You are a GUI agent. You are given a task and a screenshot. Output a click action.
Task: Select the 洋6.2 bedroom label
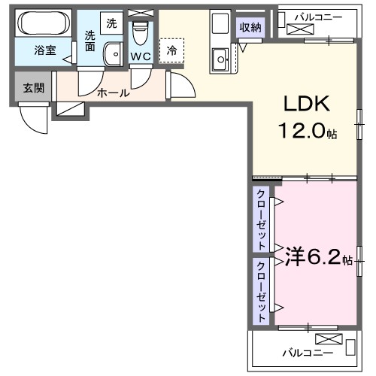pyautogui.click(x=313, y=259)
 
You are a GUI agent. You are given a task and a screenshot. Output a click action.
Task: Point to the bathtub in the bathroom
pyautogui.click(x=42, y=23)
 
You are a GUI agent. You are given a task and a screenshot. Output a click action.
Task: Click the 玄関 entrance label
pyautogui.click(x=33, y=88)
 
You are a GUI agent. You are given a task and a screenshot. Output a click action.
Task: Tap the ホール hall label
pyautogui.click(x=113, y=93)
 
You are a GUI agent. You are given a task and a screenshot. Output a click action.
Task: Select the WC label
pyautogui.click(x=140, y=56)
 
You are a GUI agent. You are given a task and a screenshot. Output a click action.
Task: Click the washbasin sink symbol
pyautogui.click(x=113, y=54)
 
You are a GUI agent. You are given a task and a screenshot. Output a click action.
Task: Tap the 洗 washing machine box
pyautogui.click(x=111, y=23)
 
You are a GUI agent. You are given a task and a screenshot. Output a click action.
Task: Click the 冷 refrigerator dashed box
pyautogui.click(x=172, y=50)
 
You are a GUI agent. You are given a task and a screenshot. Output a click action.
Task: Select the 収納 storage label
pyautogui.click(x=251, y=28)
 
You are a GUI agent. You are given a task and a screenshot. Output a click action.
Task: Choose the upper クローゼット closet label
pyautogui.click(x=261, y=220)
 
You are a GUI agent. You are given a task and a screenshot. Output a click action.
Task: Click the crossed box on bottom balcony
pyautogui.click(x=329, y=338)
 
